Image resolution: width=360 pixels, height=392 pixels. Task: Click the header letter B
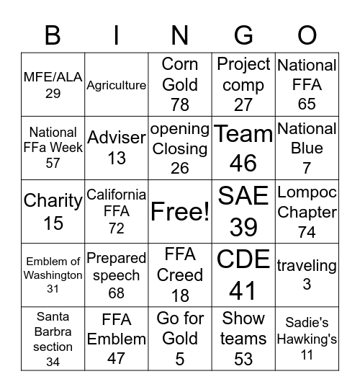click(53, 35)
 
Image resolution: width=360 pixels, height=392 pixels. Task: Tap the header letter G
click(243, 35)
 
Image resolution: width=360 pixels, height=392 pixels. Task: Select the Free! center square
click(180, 212)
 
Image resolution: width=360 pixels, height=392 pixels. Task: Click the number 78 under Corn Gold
click(180, 104)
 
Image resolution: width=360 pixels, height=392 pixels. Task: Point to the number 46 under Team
click(243, 164)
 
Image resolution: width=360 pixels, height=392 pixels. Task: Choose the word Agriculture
click(117, 85)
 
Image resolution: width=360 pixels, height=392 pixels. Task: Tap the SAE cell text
click(243, 196)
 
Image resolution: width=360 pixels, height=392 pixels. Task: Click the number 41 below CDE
click(243, 290)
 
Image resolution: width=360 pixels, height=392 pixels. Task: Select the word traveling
click(307, 265)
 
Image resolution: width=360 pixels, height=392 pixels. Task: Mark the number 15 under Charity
click(53, 223)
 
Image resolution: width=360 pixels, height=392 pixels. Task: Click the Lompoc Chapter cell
click(307, 212)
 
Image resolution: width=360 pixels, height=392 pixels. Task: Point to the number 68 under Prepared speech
click(117, 293)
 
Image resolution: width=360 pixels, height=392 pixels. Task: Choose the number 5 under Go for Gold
click(180, 357)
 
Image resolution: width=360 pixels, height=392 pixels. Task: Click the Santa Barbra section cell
click(53, 339)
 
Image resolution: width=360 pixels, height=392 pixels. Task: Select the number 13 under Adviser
click(117, 158)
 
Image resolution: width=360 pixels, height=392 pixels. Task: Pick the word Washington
click(53, 275)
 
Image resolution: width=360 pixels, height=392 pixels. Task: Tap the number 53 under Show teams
click(243, 358)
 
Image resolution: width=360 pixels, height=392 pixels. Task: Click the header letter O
click(307, 35)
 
